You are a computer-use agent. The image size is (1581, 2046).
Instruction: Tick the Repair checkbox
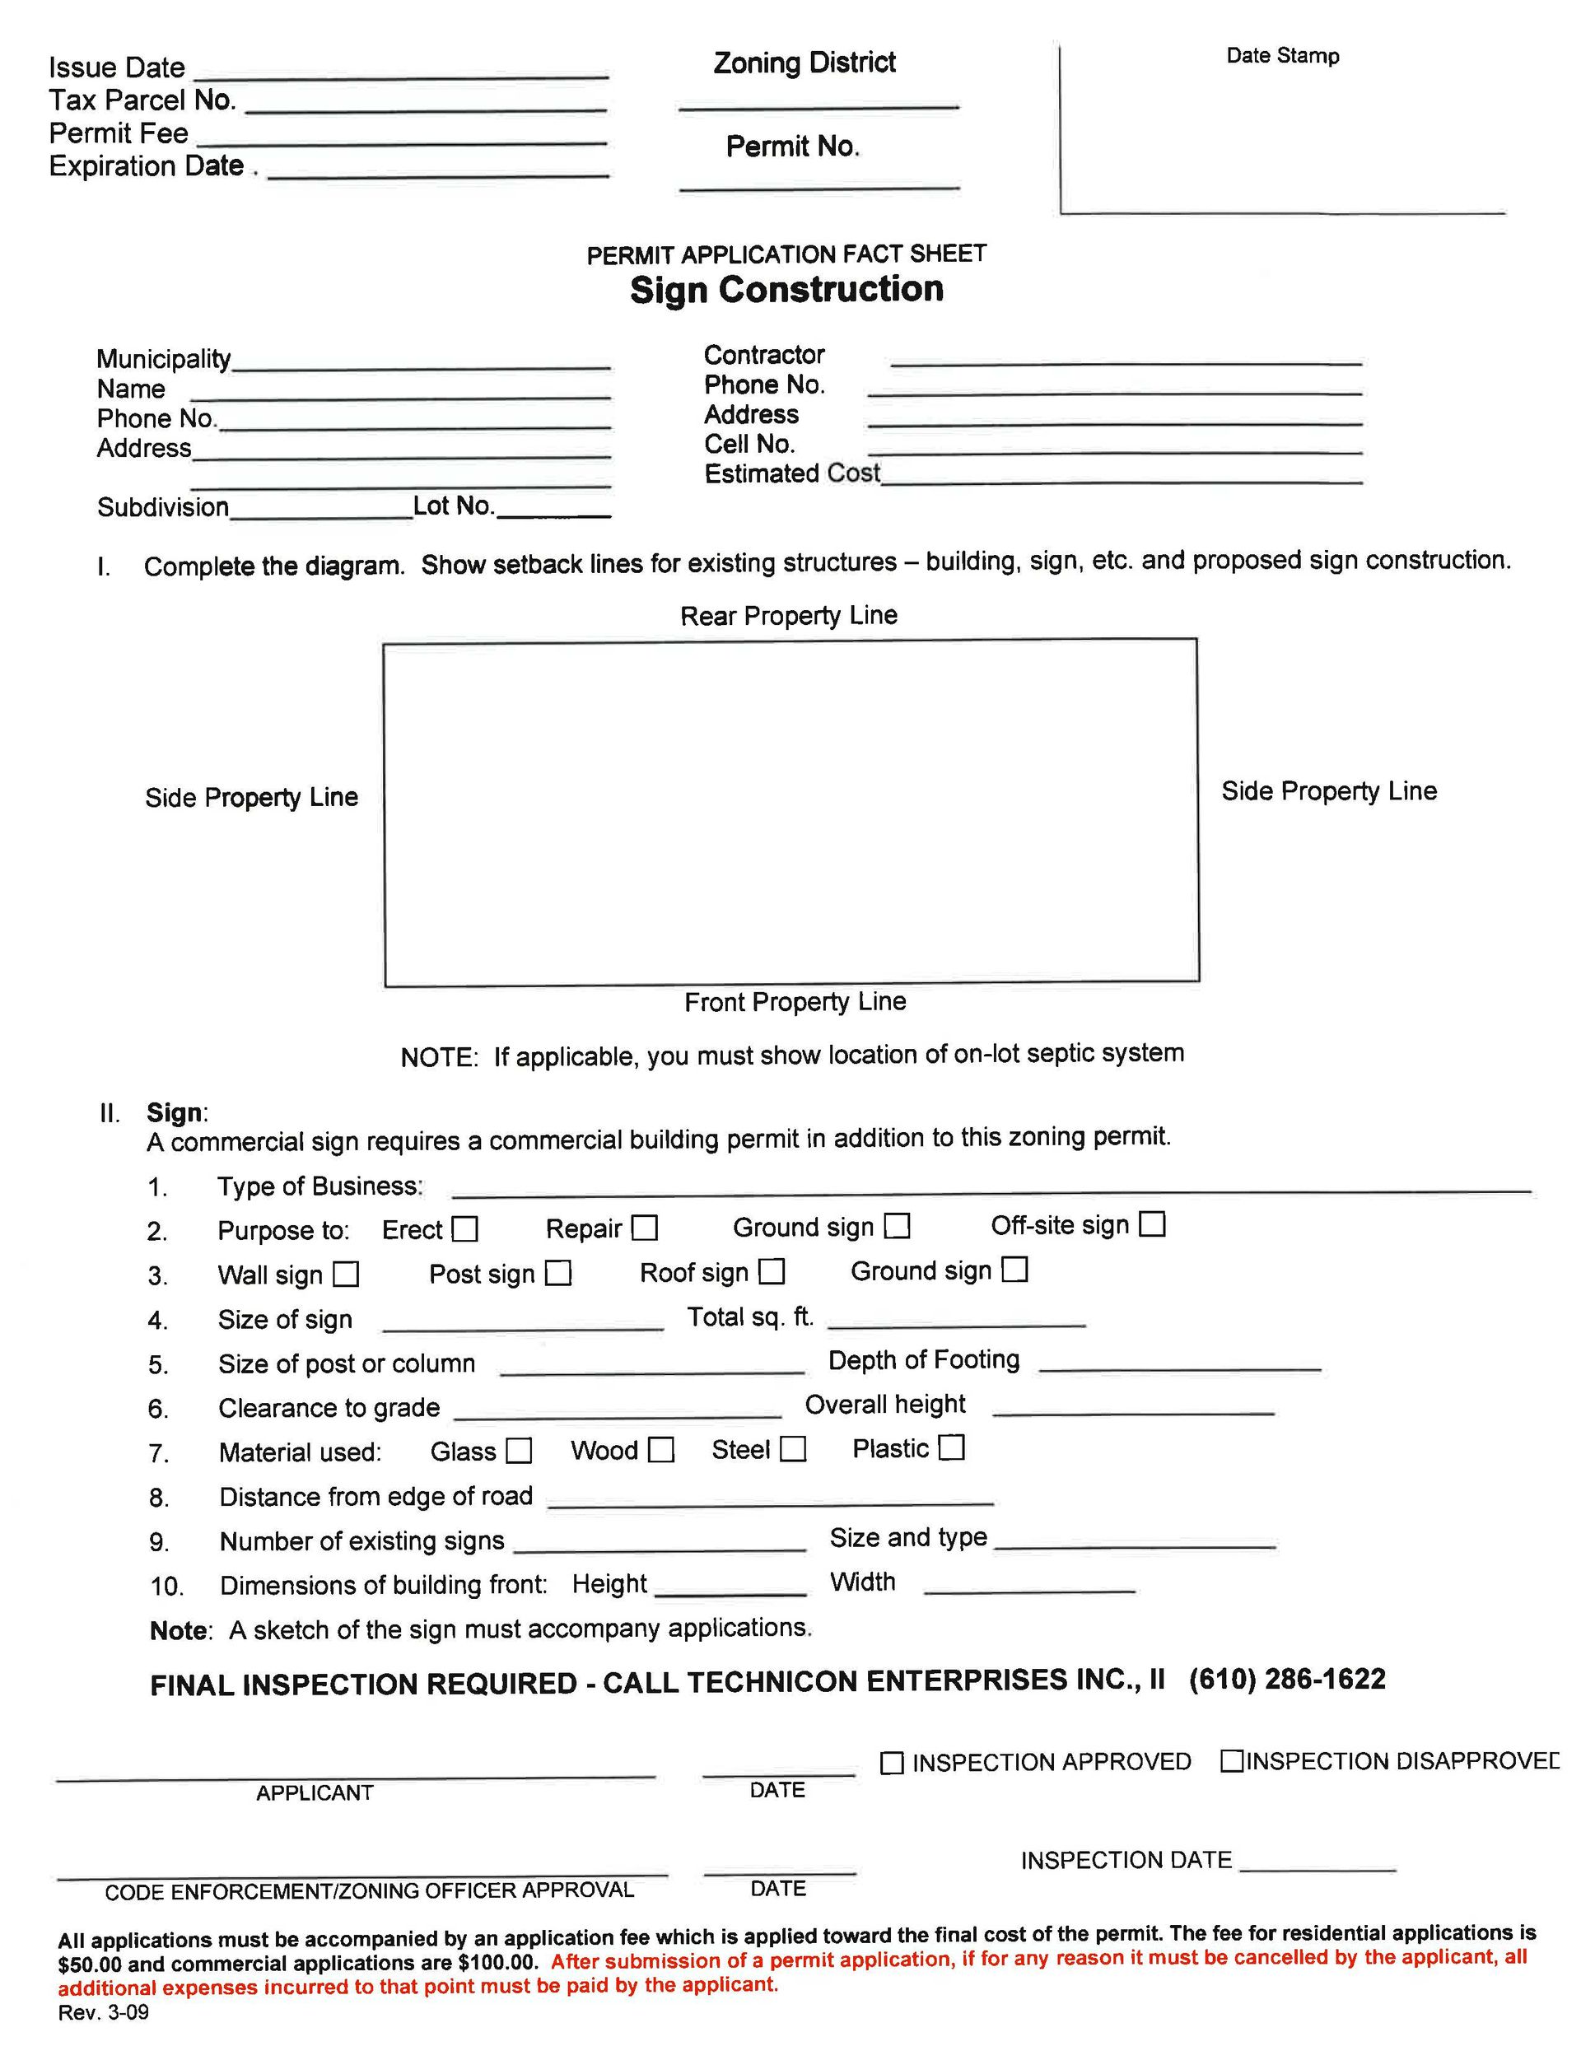tap(645, 1228)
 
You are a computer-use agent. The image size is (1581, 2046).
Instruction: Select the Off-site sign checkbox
tap(1152, 1223)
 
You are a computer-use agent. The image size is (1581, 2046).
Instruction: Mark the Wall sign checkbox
tap(347, 1273)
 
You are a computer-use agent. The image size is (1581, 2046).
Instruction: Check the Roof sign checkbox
tap(772, 1271)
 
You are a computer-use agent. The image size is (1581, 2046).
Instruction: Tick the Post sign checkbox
tap(558, 1272)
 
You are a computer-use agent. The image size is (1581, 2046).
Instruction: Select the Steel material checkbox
tap(793, 1448)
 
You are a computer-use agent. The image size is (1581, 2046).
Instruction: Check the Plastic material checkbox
tap(951, 1447)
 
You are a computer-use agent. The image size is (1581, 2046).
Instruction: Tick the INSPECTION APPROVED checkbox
tap(892, 1762)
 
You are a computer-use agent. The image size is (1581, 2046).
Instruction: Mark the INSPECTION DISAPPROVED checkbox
tap(1231, 1760)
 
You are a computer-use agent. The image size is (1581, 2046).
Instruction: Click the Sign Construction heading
tap(786, 290)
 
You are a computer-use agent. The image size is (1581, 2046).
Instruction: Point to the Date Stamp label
tap(1282, 56)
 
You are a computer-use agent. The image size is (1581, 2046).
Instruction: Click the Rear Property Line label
tap(788, 616)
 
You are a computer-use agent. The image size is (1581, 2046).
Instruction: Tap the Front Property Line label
tap(795, 1001)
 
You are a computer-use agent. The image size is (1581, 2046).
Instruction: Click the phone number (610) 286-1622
tap(1287, 1679)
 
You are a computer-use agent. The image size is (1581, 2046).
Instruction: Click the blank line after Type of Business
tap(991, 1190)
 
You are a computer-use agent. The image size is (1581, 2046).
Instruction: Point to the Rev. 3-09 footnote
tap(103, 2012)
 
